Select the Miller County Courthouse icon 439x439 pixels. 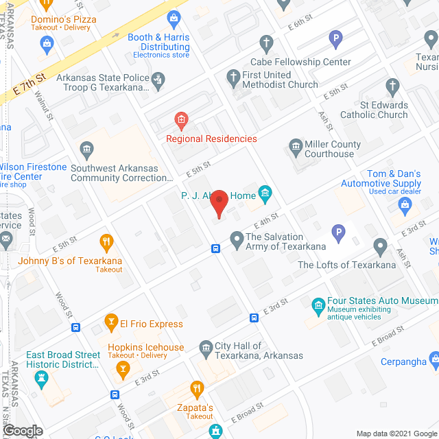[296, 146]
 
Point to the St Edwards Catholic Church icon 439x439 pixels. [393, 87]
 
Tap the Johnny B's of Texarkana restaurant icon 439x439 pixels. [106, 241]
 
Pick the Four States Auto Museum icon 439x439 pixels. [318, 305]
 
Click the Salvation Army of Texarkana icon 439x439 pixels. [237, 239]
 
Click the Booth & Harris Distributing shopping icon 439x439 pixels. [174, 16]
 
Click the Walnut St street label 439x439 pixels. [44, 106]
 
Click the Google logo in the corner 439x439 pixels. [22, 431]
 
